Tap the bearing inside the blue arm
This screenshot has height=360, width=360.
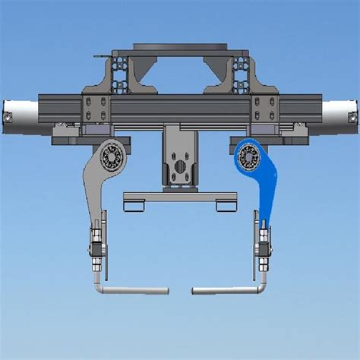tap(248, 158)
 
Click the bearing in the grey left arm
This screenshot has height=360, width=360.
tap(112, 158)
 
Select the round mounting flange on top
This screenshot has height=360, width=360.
tap(180, 47)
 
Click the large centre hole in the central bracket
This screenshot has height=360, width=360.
tap(180, 166)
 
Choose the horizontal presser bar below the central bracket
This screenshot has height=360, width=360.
tap(180, 197)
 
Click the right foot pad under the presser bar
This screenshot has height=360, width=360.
tap(226, 206)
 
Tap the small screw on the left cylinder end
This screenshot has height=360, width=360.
tap(7, 118)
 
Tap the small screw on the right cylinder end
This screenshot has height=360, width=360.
tap(352, 118)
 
